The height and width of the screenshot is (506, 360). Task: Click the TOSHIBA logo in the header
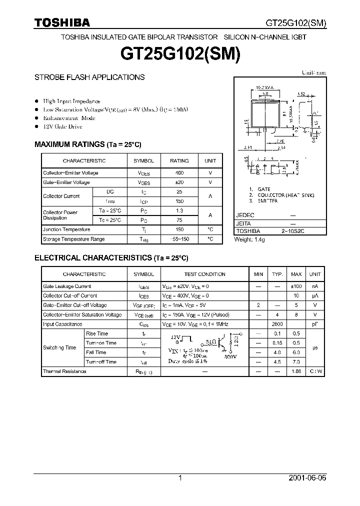pyautogui.click(x=62, y=22)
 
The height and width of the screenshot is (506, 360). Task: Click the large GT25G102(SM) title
pyautogui.click(x=179, y=53)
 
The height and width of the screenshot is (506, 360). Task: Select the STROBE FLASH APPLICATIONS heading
pyautogui.click(x=89, y=77)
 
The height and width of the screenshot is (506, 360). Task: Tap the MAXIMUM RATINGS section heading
pyautogui.click(x=87, y=144)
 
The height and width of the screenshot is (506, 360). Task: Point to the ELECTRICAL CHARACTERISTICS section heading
pyautogui.click(x=111, y=258)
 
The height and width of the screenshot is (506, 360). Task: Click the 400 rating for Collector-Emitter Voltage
pyautogui.click(x=179, y=173)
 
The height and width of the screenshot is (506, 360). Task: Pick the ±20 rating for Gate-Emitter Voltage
pyautogui.click(x=179, y=182)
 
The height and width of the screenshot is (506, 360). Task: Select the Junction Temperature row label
pyautogui.click(x=66, y=229)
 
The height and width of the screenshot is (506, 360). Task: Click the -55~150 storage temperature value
pyautogui.click(x=179, y=239)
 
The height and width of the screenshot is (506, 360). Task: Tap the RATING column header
pyautogui.click(x=179, y=161)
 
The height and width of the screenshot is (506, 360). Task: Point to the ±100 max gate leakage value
pyautogui.click(x=296, y=286)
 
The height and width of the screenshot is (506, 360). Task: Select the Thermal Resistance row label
pyautogui.click(x=64, y=371)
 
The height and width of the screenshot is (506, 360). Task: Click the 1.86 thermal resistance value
pyautogui.click(x=296, y=371)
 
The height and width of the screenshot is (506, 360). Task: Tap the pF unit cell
pyautogui.click(x=315, y=324)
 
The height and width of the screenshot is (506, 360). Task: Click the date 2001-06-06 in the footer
pyautogui.click(x=307, y=478)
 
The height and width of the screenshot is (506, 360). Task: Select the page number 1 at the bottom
pyautogui.click(x=180, y=478)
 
